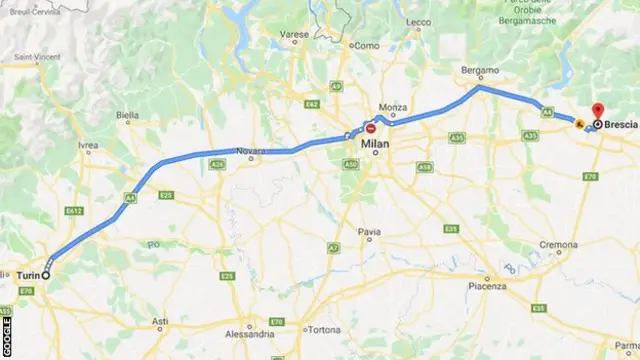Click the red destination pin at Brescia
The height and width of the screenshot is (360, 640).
coord(597,112)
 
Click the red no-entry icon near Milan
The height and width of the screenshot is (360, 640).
coord(371,129)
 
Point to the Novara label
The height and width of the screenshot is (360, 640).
coord(251,152)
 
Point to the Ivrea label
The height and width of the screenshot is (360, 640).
coord(88,145)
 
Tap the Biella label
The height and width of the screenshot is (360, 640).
coord(128,115)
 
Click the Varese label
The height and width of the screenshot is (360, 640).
coord(295,34)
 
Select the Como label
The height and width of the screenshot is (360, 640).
coord(367,45)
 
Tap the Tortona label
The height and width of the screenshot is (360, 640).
coord(324,330)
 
